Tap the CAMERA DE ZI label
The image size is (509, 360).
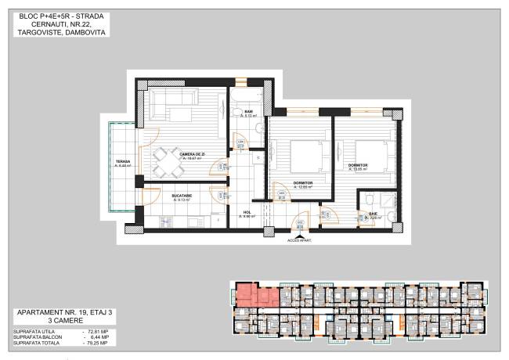(x=192, y=154)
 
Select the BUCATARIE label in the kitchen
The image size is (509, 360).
(x=183, y=196)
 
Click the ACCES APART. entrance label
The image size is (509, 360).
(x=299, y=240)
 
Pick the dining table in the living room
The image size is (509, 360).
(x=164, y=161)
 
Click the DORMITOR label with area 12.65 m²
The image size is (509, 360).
(x=302, y=183)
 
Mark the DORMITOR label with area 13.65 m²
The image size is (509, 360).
(x=359, y=165)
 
